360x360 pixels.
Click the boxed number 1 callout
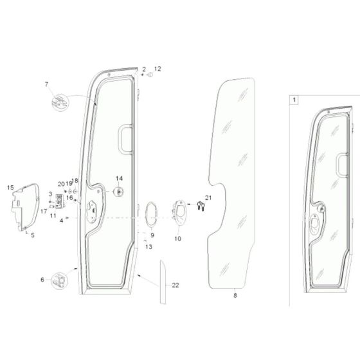(294, 100)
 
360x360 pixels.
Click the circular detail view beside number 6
(59, 280)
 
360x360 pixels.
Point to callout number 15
(10, 187)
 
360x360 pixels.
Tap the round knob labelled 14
(119, 191)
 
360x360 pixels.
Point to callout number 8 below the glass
(235, 296)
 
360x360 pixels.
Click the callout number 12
(158, 68)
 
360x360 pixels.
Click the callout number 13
(148, 246)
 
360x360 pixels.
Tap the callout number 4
(62, 221)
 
